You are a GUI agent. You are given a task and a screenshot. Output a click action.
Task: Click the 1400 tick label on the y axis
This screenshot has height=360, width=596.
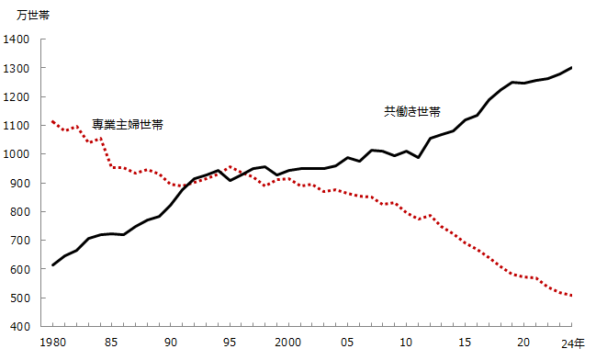pyautogui.click(x=17, y=39)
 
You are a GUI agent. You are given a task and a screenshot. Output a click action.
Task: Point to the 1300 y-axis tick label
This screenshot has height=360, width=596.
pyautogui.click(x=17, y=68)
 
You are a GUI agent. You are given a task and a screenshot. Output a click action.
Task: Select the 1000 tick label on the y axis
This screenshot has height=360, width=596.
pyautogui.click(x=17, y=154)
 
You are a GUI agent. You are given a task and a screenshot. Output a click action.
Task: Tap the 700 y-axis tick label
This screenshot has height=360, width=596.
pyautogui.click(x=20, y=241)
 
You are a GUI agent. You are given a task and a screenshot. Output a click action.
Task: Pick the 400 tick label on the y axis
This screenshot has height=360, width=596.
pyautogui.click(x=20, y=326)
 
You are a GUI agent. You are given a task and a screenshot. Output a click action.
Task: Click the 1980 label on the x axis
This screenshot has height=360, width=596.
pyautogui.click(x=53, y=342)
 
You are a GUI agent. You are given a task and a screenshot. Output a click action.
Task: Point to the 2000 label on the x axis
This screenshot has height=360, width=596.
pyautogui.click(x=287, y=342)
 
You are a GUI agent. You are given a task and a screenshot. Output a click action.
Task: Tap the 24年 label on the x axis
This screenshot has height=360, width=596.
pyautogui.click(x=571, y=342)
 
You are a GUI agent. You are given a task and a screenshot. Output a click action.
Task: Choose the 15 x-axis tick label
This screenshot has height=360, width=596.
pyautogui.click(x=466, y=342)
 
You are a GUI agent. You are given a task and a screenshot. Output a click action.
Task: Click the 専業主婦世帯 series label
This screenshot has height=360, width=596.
pyautogui.click(x=128, y=124)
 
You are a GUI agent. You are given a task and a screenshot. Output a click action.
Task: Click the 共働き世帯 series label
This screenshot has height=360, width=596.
pyautogui.click(x=411, y=111)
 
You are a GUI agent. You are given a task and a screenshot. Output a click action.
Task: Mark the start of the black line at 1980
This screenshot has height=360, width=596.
pyautogui.click(x=53, y=264)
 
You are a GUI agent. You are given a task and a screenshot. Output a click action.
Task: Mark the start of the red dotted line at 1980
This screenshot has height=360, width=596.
pyautogui.click(x=53, y=121)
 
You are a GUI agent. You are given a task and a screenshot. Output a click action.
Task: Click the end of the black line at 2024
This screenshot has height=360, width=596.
pyautogui.click(x=572, y=68)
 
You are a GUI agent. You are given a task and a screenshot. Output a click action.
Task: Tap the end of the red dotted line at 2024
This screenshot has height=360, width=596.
pyautogui.click(x=572, y=296)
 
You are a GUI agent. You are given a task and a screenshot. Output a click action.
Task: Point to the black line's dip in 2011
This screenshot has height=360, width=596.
pyautogui.click(x=419, y=158)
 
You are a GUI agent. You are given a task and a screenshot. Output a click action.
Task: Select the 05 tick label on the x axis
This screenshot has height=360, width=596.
pyautogui.click(x=348, y=342)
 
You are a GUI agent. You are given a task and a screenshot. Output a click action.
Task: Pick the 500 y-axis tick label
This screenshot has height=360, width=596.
pyautogui.click(x=20, y=298)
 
